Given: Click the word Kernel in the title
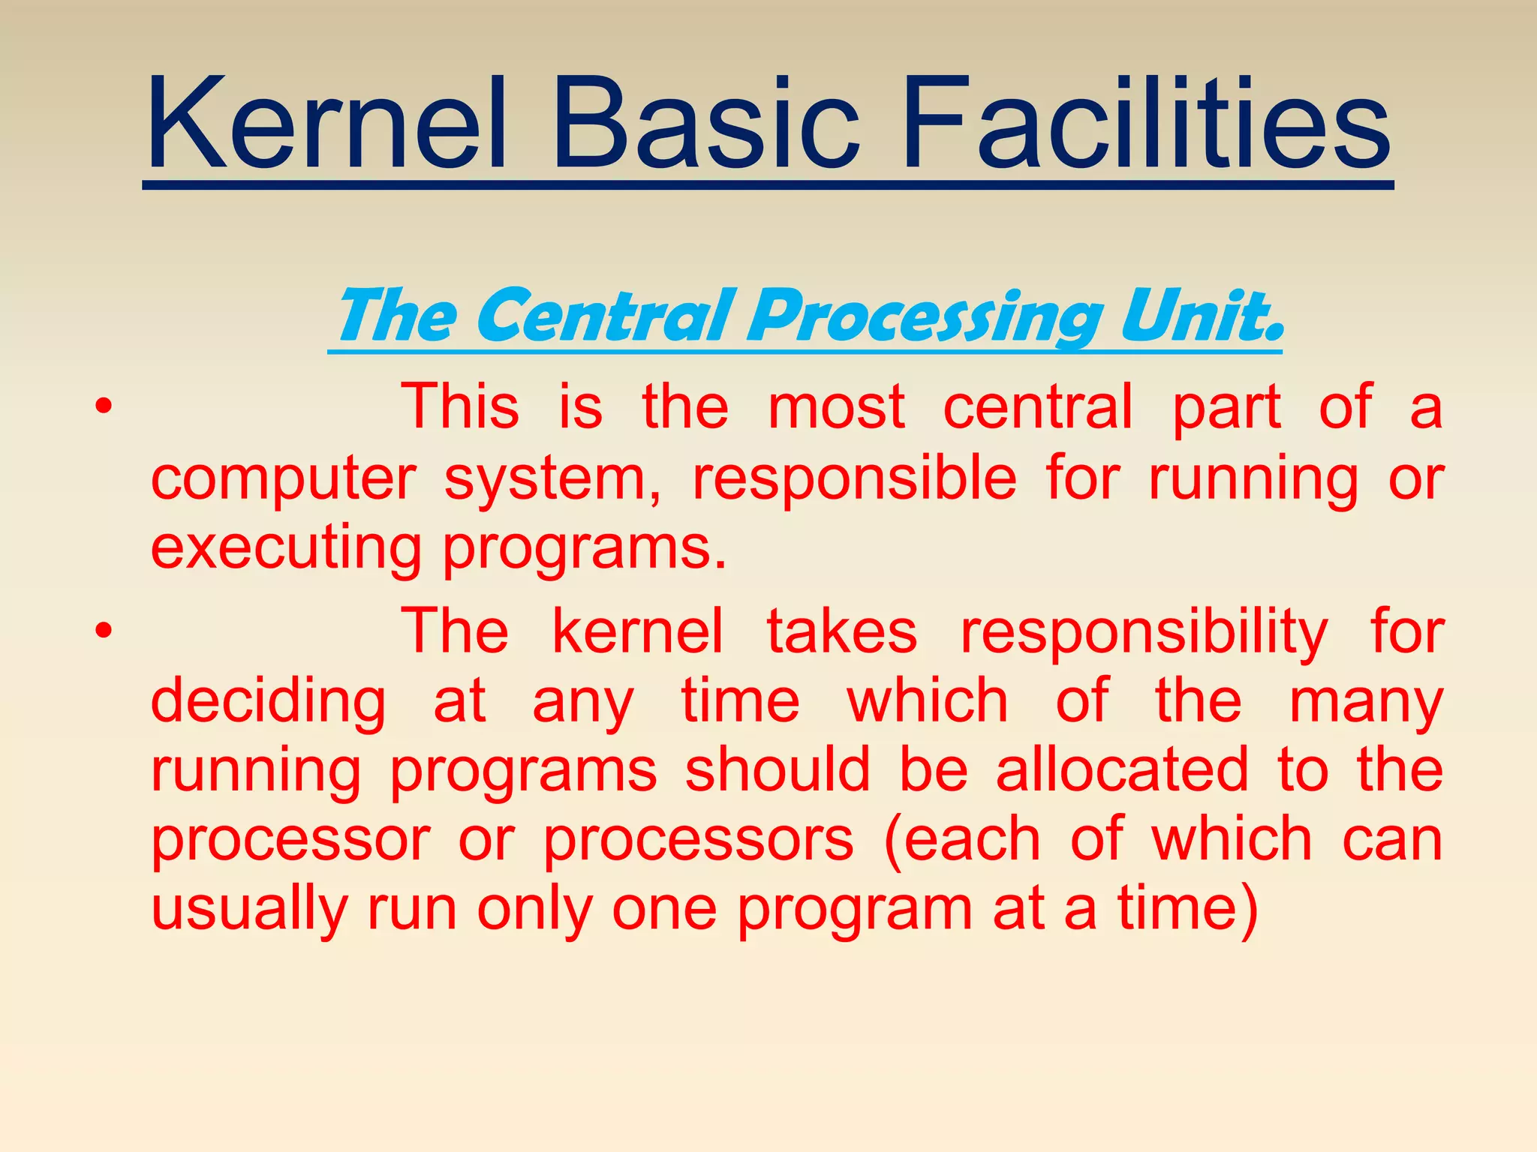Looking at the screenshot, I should (327, 124).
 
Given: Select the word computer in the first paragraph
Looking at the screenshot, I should (283, 479).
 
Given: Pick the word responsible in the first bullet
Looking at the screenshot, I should (854, 479).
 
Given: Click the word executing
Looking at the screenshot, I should (286, 549).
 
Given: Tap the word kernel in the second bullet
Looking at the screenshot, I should (637, 631).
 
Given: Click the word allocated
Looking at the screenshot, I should (1123, 770).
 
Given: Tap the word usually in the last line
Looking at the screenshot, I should (248, 910).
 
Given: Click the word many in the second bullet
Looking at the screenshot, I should (1366, 703).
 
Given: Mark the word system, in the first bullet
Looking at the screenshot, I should (553, 481).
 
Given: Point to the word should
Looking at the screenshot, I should (778, 770).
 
